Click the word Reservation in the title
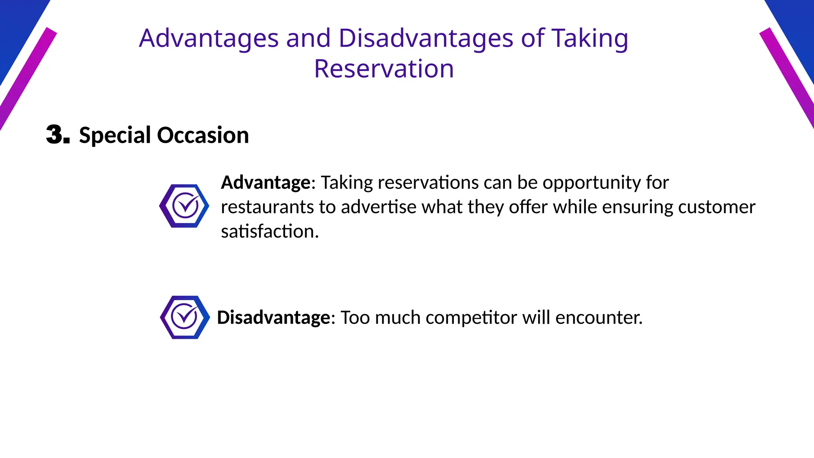pos(384,69)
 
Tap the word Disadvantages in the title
pos(426,39)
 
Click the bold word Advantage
pos(266,182)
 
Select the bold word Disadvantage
pos(273,318)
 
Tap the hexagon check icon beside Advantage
pos(184,206)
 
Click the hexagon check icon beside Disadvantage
pos(185,317)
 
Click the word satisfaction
pos(269,231)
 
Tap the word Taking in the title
pos(589,39)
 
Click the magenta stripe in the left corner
pos(24,80)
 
